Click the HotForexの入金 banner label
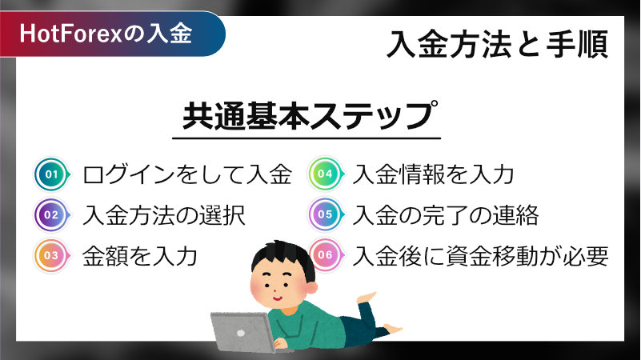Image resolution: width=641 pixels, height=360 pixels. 106,33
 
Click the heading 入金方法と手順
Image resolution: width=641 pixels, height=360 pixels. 497,44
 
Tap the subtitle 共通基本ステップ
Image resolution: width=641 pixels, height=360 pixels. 310,116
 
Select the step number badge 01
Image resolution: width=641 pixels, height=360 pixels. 52,174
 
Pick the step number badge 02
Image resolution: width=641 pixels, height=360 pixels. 52,215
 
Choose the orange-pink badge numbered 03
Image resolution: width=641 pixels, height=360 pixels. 52,256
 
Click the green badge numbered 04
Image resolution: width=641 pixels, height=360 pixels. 326,174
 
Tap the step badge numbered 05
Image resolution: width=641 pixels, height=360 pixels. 326,214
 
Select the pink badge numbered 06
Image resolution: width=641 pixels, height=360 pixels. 326,255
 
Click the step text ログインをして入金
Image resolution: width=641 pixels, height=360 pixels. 187,174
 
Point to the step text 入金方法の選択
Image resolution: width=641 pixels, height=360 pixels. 164,215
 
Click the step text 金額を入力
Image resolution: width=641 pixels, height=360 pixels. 140,256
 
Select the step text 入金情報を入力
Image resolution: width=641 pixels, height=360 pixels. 433,174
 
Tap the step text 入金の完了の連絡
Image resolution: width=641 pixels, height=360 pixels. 446,215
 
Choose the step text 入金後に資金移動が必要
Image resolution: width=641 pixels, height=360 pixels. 480,256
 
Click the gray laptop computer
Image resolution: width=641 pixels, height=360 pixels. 243,332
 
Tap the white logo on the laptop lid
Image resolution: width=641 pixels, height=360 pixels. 241,334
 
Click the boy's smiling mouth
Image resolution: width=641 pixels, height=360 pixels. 277,298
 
